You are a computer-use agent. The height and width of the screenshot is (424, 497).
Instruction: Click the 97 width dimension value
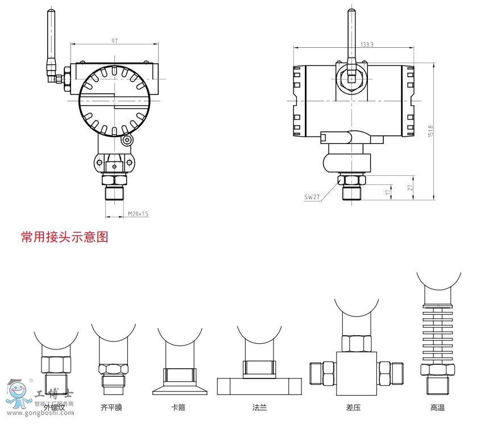[x=115, y=40]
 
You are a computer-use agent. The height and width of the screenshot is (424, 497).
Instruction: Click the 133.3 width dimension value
[x=367, y=44]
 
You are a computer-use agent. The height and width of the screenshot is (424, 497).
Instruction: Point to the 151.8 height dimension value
[x=431, y=131]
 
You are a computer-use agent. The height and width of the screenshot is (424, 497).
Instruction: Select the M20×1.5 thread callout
[x=138, y=213]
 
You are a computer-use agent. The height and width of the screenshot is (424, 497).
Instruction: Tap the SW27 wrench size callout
[x=312, y=197]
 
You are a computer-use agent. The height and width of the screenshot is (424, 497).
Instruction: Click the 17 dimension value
[x=388, y=193]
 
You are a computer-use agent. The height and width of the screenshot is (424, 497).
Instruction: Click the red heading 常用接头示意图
[x=64, y=237]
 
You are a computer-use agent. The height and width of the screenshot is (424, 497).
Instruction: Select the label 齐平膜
[x=111, y=407]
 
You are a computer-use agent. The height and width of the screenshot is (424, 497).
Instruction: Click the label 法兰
[x=259, y=407]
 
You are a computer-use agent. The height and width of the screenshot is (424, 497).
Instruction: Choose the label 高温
[x=437, y=407]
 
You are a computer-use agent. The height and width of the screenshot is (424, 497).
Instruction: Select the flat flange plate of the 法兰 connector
[x=259, y=386]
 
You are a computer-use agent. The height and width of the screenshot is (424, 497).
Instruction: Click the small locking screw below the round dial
[x=127, y=140]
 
